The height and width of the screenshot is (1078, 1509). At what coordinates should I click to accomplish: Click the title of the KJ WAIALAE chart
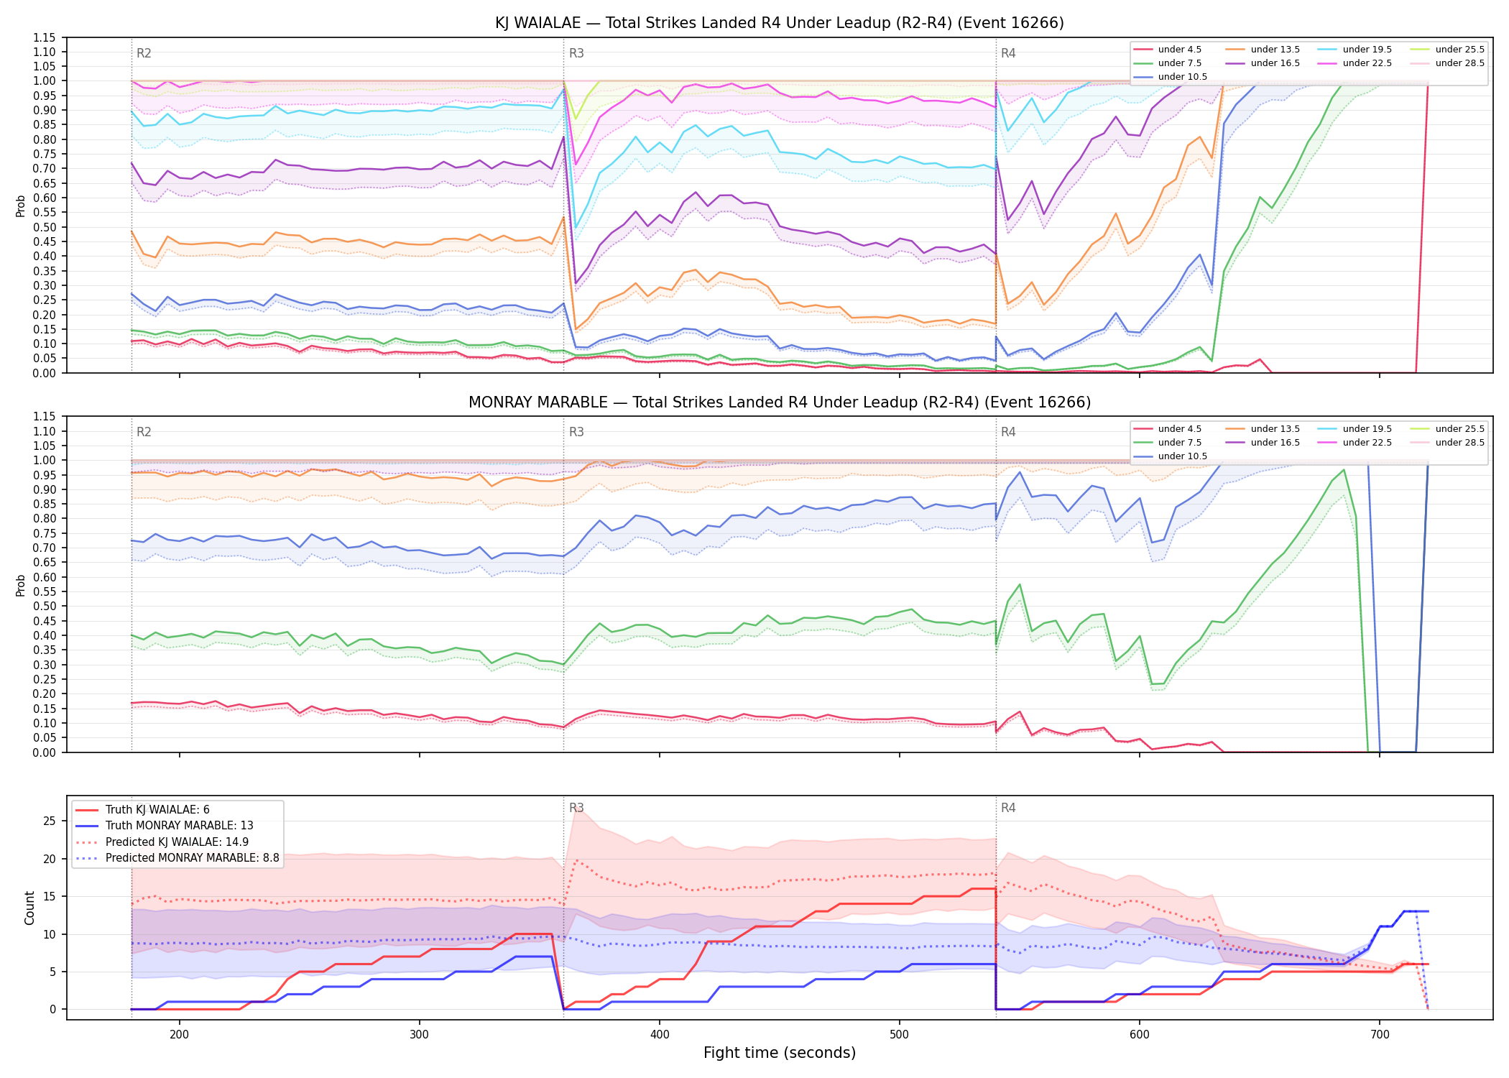pos(780,23)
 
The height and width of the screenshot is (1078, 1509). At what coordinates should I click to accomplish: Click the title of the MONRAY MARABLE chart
pos(780,402)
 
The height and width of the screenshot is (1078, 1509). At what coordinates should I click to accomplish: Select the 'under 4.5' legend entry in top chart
pos(1168,50)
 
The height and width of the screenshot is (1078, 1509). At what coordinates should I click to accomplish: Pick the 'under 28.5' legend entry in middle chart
pos(1447,443)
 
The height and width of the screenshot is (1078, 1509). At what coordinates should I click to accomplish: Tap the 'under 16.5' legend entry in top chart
pos(1263,63)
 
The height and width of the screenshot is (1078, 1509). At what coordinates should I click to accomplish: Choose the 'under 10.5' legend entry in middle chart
pos(1171,456)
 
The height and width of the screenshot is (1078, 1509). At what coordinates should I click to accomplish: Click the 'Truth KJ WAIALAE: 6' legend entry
pos(143,810)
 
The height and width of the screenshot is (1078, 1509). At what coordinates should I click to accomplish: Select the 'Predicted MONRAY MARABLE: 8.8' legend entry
pos(177,858)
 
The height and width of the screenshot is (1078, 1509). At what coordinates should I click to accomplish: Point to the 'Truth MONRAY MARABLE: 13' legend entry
pos(165,826)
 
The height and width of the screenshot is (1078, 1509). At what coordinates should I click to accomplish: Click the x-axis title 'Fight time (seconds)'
pos(780,1053)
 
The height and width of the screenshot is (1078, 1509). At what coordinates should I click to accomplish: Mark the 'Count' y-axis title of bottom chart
pos(29,908)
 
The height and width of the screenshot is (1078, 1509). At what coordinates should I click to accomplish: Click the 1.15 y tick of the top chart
pos(45,37)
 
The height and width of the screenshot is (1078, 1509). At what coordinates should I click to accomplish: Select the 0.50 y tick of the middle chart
pos(45,607)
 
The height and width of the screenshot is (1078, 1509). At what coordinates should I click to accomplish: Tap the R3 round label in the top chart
pos(576,53)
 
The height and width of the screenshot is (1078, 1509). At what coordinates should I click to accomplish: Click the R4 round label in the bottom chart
pos(1008,808)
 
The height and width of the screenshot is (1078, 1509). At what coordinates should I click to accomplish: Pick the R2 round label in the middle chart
pos(144,432)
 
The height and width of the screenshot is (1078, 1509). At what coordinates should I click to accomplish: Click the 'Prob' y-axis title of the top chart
pos(21,206)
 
